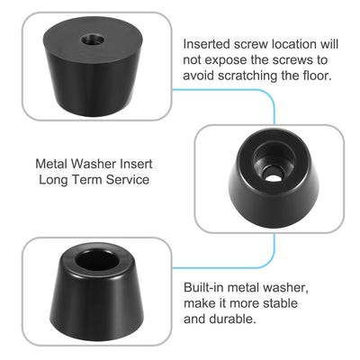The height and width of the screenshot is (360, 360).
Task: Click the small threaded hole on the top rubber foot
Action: [92, 40]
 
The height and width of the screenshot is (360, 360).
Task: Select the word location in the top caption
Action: [291, 43]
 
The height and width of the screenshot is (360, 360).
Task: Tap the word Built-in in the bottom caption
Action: [204, 286]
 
